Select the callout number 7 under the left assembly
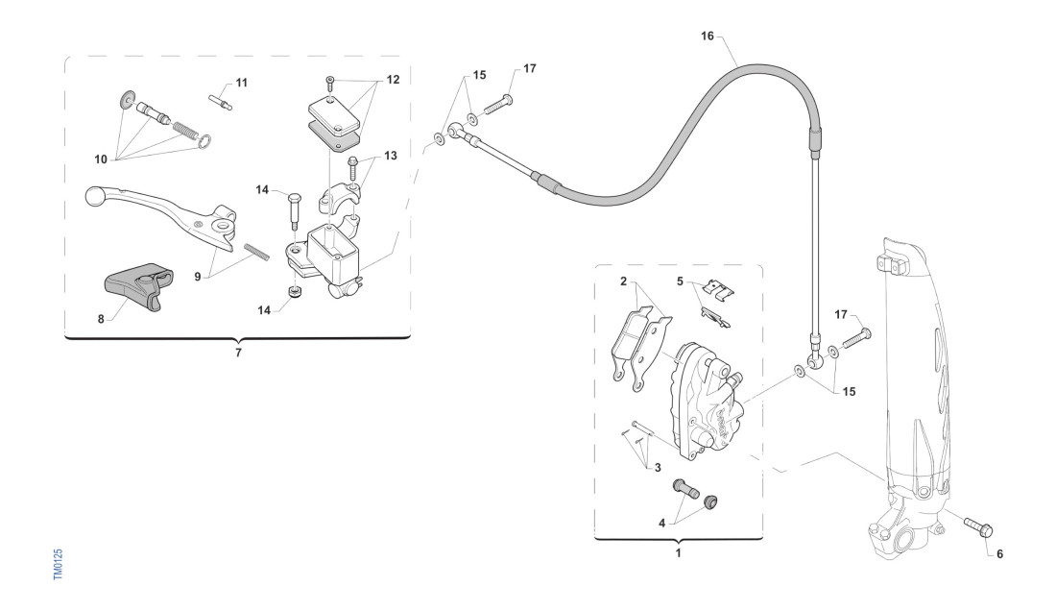[x=238, y=354]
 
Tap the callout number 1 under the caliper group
[x=679, y=552]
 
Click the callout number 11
[x=241, y=84]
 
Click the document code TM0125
[x=58, y=564]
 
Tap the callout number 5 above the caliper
[x=681, y=282]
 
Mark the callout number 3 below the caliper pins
[x=657, y=467]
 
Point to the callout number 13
[x=391, y=155]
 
